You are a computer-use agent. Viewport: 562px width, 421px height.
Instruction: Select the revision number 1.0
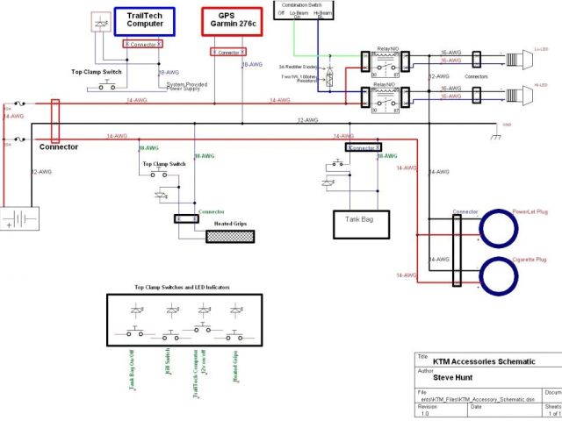tap(425, 413)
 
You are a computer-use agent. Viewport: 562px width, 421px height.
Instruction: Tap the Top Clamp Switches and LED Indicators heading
tap(181, 288)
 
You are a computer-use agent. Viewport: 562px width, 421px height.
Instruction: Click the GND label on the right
tap(506, 125)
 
